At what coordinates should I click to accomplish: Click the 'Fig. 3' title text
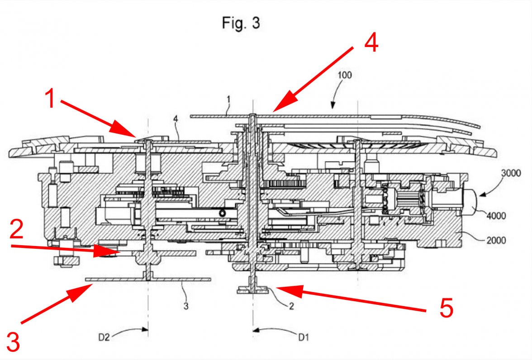click(x=241, y=23)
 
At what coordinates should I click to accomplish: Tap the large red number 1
click(x=50, y=98)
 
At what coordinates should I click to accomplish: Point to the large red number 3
click(x=13, y=341)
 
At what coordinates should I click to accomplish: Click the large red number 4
click(x=371, y=43)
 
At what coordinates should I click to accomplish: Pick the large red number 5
click(x=446, y=308)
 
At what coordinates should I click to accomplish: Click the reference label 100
click(x=344, y=75)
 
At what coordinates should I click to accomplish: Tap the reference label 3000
click(x=511, y=173)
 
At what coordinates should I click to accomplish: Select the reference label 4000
click(x=496, y=216)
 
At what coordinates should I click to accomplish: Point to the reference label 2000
click(x=496, y=241)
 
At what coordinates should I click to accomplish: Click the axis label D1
click(x=304, y=337)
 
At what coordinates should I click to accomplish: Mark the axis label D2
click(x=104, y=337)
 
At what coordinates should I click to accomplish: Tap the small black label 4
click(x=176, y=119)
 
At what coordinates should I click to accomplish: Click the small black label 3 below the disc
click(x=186, y=306)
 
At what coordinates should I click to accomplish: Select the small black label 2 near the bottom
click(x=291, y=306)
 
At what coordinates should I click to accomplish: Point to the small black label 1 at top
click(x=228, y=99)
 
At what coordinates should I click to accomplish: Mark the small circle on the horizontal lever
click(x=222, y=213)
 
